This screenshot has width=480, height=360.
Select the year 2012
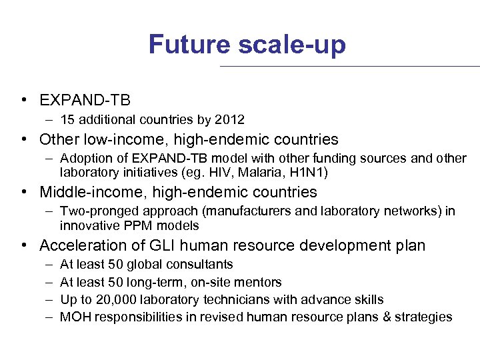pos(230,120)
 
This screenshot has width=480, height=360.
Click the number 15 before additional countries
pos(67,120)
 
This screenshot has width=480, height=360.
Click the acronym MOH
pos(73,317)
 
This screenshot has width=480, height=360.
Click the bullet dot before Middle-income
pos(24,193)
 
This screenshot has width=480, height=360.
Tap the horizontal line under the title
pos(350,66)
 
